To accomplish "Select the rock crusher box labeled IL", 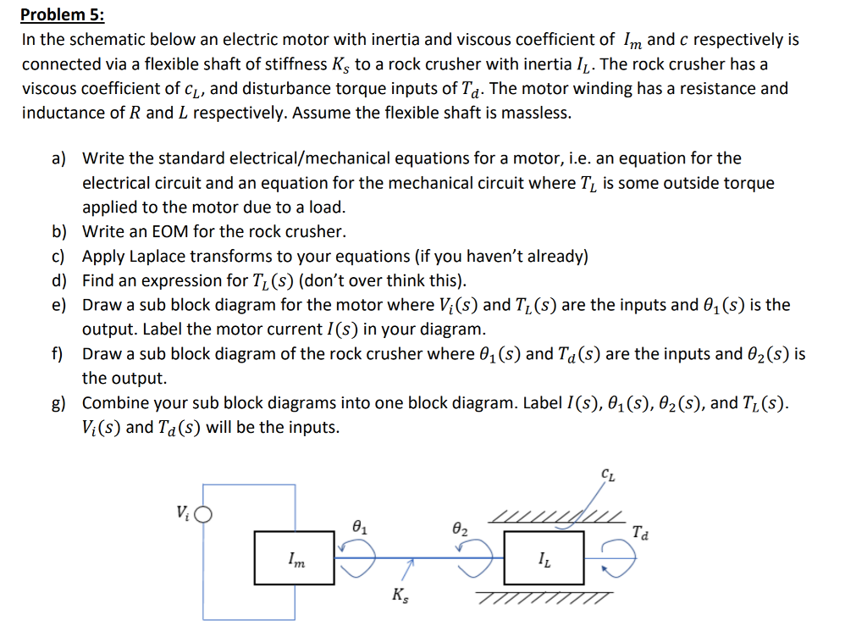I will pyautogui.click(x=544, y=557).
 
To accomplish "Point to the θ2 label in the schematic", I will pyautogui.click(x=458, y=529).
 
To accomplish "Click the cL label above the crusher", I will pyautogui.click(x=608, y=477).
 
